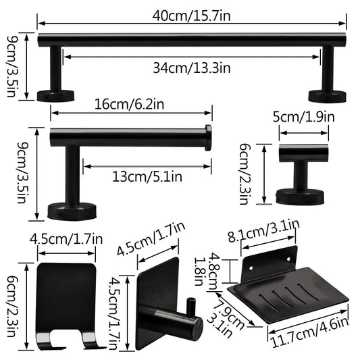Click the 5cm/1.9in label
click(303, 116)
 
